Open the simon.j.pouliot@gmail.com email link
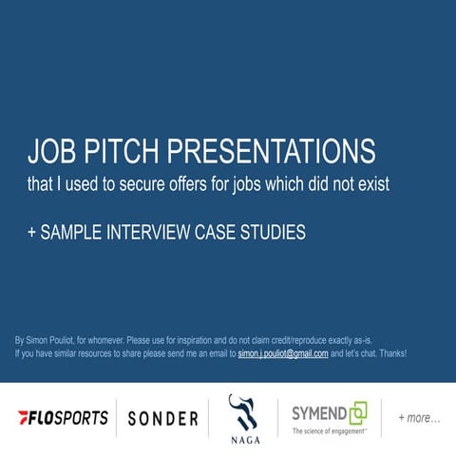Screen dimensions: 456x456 click(x=283, y=353)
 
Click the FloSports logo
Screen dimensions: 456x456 click(x=63, y=418)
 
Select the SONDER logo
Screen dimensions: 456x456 click(x=162, y=418)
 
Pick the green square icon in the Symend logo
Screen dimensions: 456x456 click(x=357, y=412)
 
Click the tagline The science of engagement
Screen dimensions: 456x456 click(x=328, y=432)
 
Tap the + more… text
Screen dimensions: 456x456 click(x=419, y=418)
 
